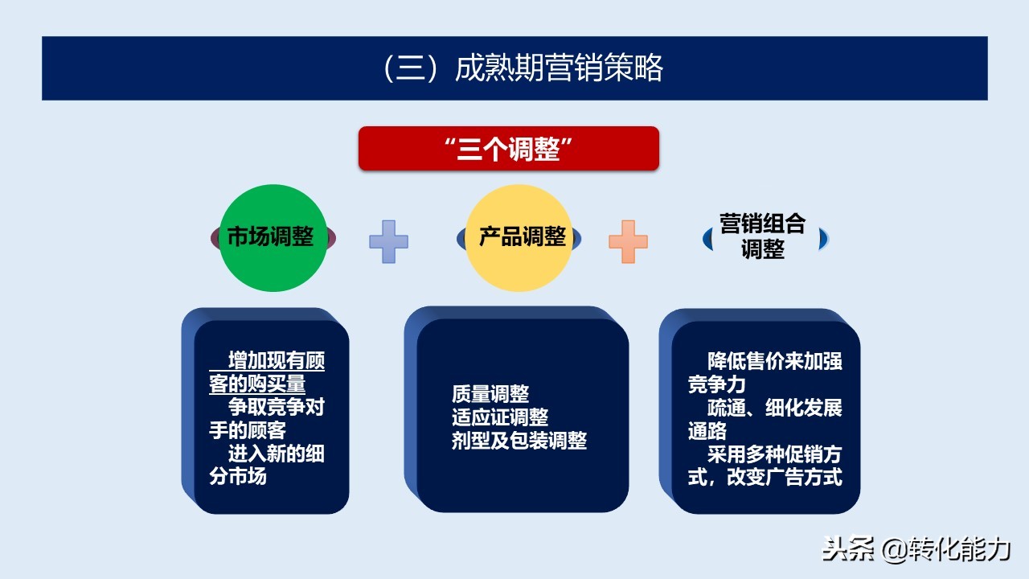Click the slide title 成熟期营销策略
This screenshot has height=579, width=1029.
click(559, 69)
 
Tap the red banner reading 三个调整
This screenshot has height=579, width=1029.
click(509, 149)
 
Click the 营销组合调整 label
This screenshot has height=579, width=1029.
click(763, 236)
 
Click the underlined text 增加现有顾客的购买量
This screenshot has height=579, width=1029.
click(267, 373)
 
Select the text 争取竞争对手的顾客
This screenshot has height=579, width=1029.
click(267, 419)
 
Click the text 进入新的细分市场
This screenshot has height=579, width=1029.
click(267, 465)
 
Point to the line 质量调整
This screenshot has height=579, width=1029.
click(490, 394)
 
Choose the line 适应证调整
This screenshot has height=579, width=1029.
click(500, 417)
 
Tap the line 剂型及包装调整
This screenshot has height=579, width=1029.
click(519, 441)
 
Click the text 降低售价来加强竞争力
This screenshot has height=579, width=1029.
click(765, 373)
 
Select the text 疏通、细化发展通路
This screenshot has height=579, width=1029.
click(765, 419)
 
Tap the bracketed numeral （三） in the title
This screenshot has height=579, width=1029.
click(410, 69)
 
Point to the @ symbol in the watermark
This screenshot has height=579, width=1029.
click(894, 550)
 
